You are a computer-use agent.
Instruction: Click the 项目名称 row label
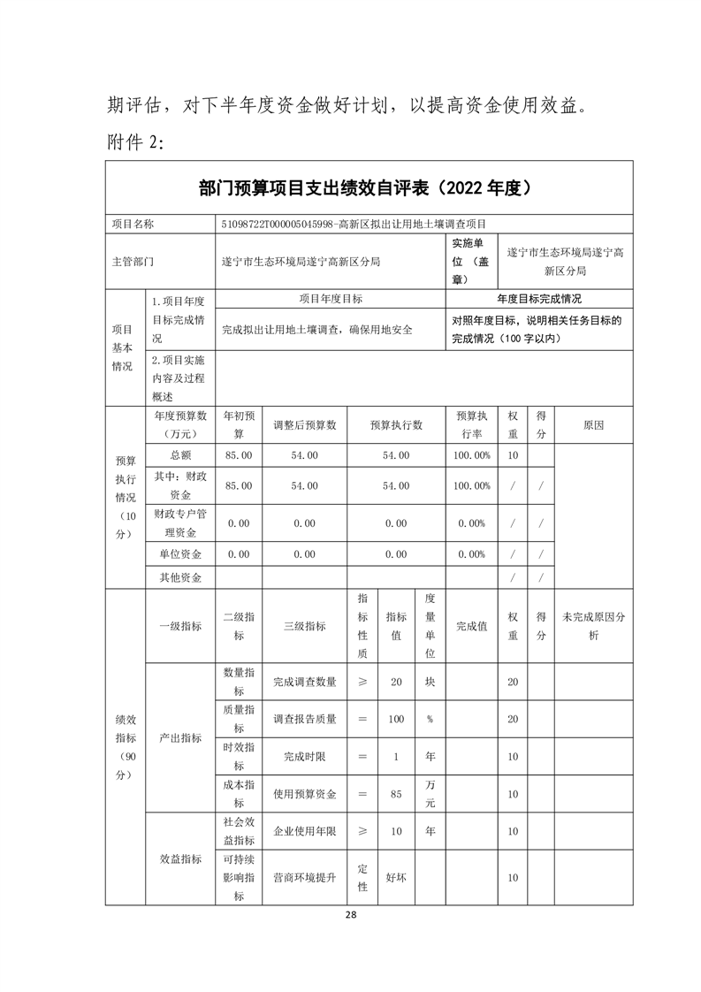133,225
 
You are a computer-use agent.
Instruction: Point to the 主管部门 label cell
133,262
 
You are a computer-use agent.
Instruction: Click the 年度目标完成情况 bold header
539,299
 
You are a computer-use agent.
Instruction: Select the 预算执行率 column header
472,425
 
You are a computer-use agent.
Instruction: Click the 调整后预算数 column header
304,425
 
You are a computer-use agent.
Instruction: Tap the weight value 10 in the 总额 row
513,454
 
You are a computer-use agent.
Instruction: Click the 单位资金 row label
180,554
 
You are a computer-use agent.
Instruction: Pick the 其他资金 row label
180,577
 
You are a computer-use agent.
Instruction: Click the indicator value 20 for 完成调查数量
396,682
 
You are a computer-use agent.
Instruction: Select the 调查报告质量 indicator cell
304,719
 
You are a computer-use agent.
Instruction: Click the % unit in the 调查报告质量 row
430,719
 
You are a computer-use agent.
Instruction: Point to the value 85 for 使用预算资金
396,794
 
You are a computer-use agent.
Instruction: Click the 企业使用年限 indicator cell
304,831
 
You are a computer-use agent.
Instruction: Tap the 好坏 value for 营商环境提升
396,878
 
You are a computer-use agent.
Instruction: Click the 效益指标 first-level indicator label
180,858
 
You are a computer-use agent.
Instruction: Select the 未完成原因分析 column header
593,626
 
